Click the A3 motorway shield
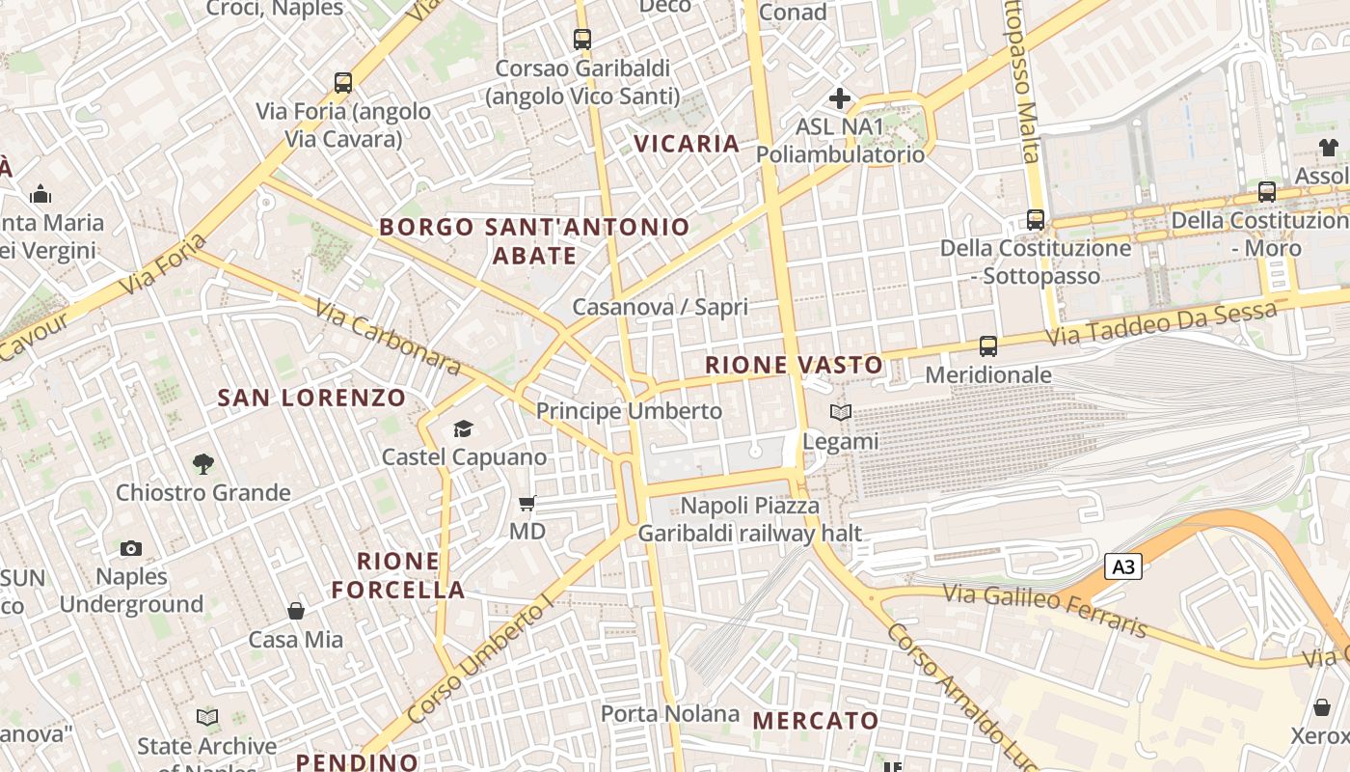[x=1123, y=566]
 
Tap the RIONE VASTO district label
[x=794, y=365]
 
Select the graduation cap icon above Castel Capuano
[x=464, y=428]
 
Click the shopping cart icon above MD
[x=527, y=503]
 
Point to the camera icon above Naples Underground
[x=131, y=548]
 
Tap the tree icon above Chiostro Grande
[x=202, y=464]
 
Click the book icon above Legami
[x=841, y=413]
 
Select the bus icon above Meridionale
[x=988, y=345]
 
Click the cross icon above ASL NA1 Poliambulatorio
[x=840, y=97]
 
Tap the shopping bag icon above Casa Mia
[x=296, y=611]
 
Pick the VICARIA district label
[x=687, y=144]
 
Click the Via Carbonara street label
[x=388, y=337]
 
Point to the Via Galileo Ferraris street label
[x=1046, y=610]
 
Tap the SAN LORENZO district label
[x=311, y=398]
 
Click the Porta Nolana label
[x=670, y=714]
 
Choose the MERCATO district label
[x=816, y=721]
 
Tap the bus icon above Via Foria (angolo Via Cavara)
[x=343, y=83]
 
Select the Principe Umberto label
[x=629, y=411]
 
